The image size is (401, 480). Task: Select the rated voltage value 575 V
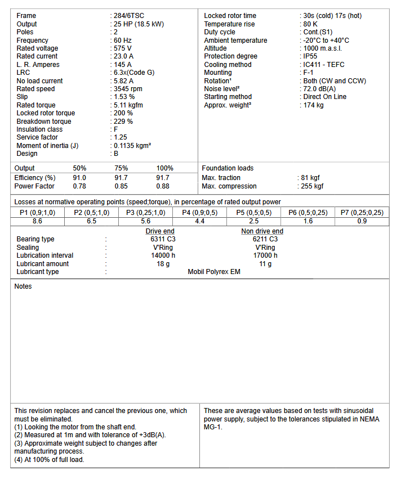(x=124, y=48)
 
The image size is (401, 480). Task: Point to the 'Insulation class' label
(x=39, y=129)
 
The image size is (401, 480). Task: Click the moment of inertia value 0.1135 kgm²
(x=133, y=145)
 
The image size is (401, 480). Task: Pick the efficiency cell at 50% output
(x=79, y=178)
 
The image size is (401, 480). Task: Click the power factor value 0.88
(x=163, y=186)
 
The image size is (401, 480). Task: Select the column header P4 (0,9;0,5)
(x=200, y=212)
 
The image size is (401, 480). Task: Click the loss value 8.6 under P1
(x=37, y=221)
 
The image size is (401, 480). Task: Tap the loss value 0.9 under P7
(x=362, y=221)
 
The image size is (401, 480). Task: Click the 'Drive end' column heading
(x=160, y=231)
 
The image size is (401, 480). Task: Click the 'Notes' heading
(x=23, y=286)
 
